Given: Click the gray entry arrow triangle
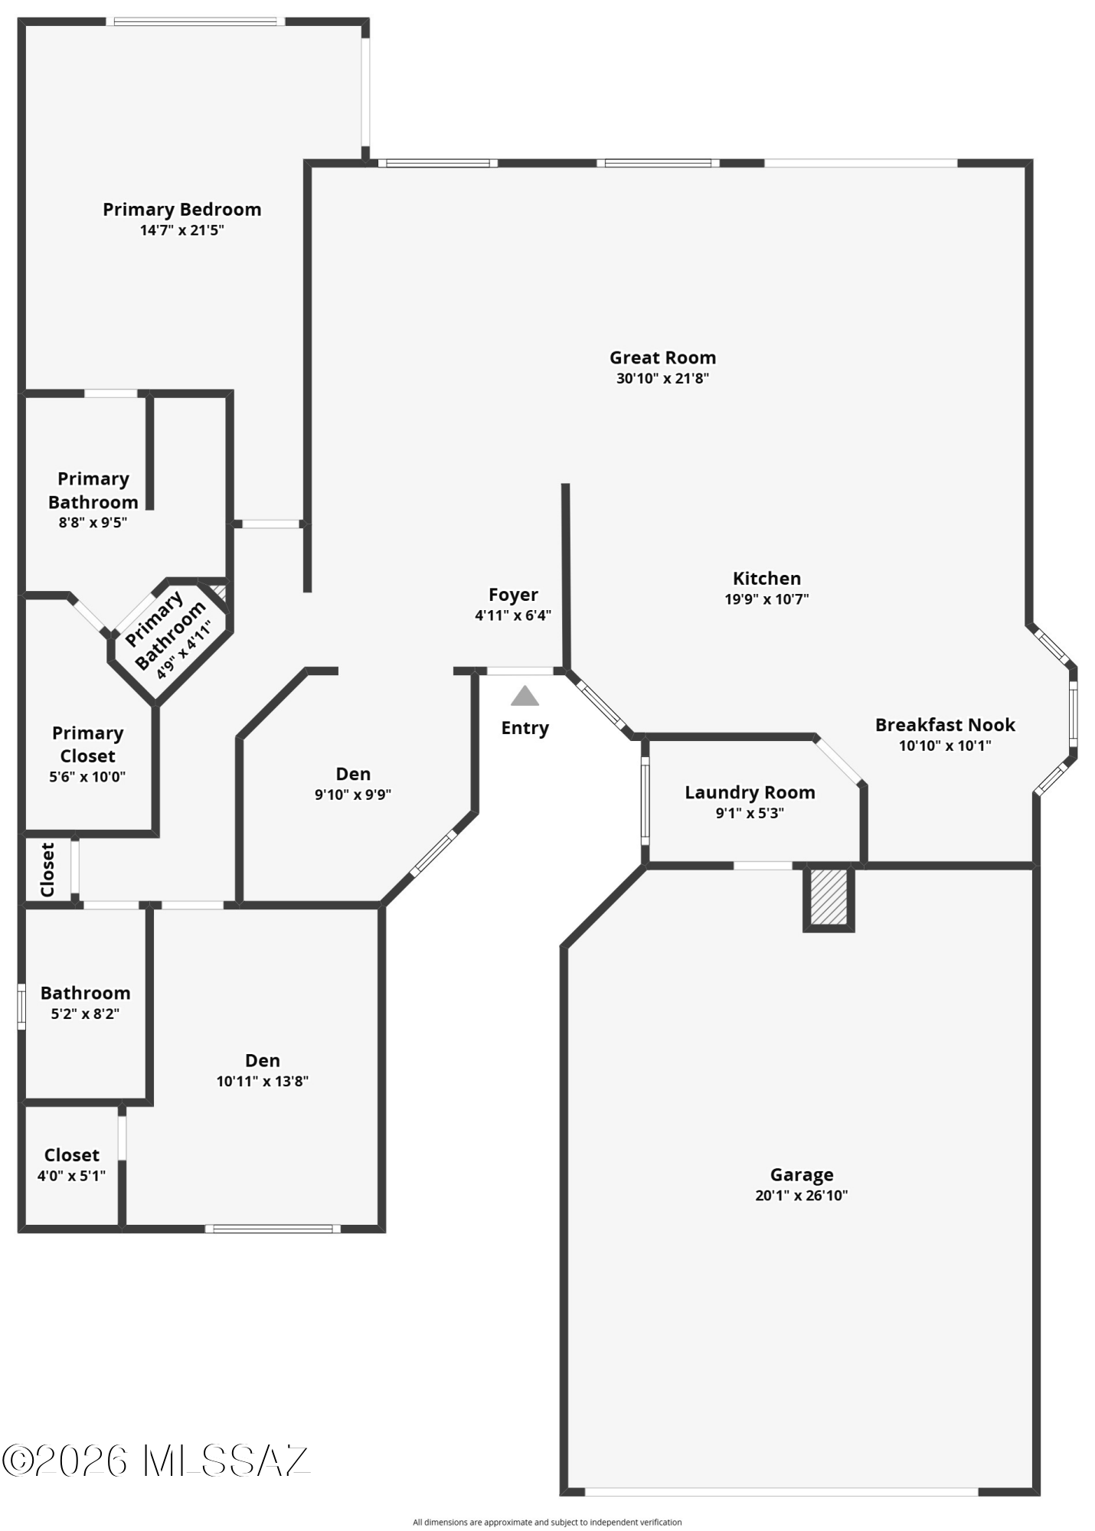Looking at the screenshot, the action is coord(525,696).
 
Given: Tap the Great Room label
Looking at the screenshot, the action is coord(663,357).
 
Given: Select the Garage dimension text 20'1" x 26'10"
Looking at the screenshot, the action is coord(802,1196).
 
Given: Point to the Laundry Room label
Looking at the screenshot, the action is coord(750,792).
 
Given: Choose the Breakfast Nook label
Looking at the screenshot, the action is coord(945,725).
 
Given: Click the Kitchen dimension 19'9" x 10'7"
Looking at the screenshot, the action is coord(767,599).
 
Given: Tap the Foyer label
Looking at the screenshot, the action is coord(513,595).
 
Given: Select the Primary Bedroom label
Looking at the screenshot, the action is coord(182,210).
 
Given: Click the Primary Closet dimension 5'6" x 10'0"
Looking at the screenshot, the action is coord(87,777).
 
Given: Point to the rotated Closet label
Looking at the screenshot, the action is coord(47,870).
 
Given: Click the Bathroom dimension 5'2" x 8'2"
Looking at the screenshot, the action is coord(85,1014).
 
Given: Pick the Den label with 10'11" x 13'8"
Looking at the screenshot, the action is coord(263,1060).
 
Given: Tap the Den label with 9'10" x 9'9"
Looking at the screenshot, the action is coord(353,774).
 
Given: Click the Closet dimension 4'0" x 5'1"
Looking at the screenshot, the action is coord(71,1176).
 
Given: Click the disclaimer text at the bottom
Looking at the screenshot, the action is coord(547,1522).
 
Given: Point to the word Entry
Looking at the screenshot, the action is coord(525,728).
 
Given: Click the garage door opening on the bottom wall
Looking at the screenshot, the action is coord(782,1491).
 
